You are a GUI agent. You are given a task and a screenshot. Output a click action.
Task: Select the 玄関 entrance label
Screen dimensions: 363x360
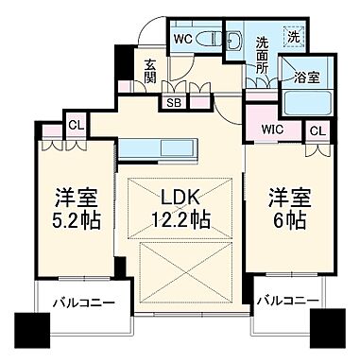151,73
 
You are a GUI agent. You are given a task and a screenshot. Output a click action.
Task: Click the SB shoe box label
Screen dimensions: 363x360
174,102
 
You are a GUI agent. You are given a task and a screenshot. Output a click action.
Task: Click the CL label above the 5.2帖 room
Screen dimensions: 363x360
75,123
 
